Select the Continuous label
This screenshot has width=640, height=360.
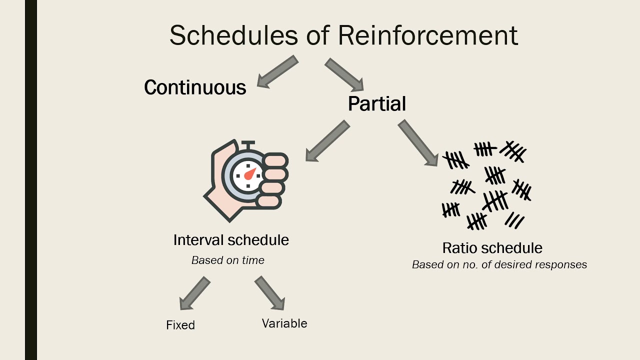195,87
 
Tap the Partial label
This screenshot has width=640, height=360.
377,104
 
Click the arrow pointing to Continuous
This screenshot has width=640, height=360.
277,72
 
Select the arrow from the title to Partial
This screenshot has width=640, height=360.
344,74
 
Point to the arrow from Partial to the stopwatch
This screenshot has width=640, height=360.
327,141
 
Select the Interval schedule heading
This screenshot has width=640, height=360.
231,240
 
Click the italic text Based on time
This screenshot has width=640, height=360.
228,260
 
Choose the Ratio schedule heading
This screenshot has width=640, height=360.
492,248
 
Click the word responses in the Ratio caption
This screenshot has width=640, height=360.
561,265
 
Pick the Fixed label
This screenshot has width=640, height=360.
180,325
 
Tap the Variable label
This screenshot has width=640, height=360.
284,323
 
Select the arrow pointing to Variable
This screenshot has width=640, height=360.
270,293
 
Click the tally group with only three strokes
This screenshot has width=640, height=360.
514,220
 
